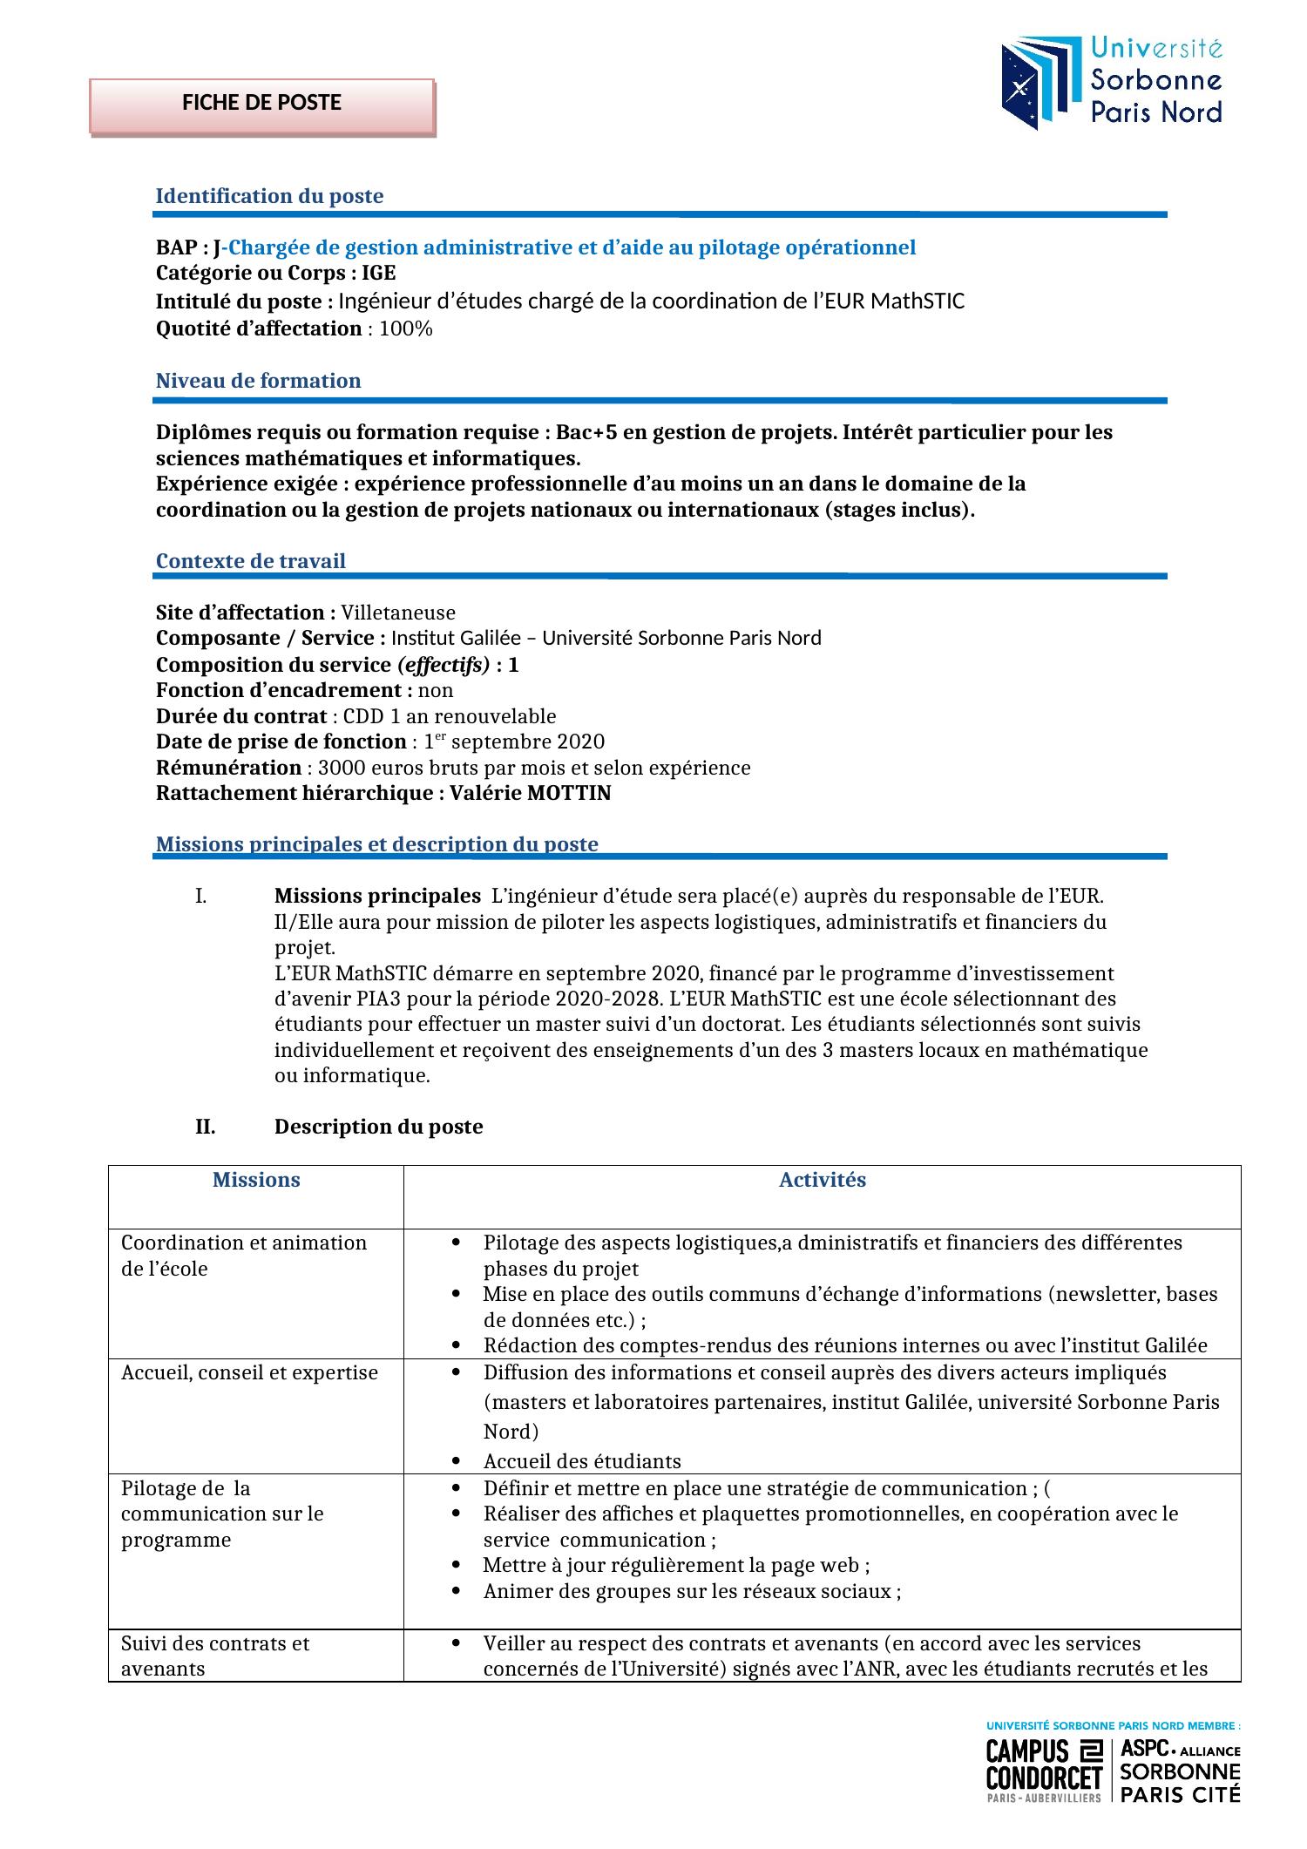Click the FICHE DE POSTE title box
(261, 104)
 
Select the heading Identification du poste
(269, 196)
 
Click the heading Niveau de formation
(258, 381)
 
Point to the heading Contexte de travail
(250, 561)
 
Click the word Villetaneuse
(398, 613)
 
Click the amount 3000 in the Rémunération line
(337, 769)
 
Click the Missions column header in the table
(256, 1181)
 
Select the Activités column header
(822, 1181)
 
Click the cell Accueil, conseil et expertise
(249, 1373)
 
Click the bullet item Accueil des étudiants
(582, 1461)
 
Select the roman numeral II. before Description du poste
(205, 1128)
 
